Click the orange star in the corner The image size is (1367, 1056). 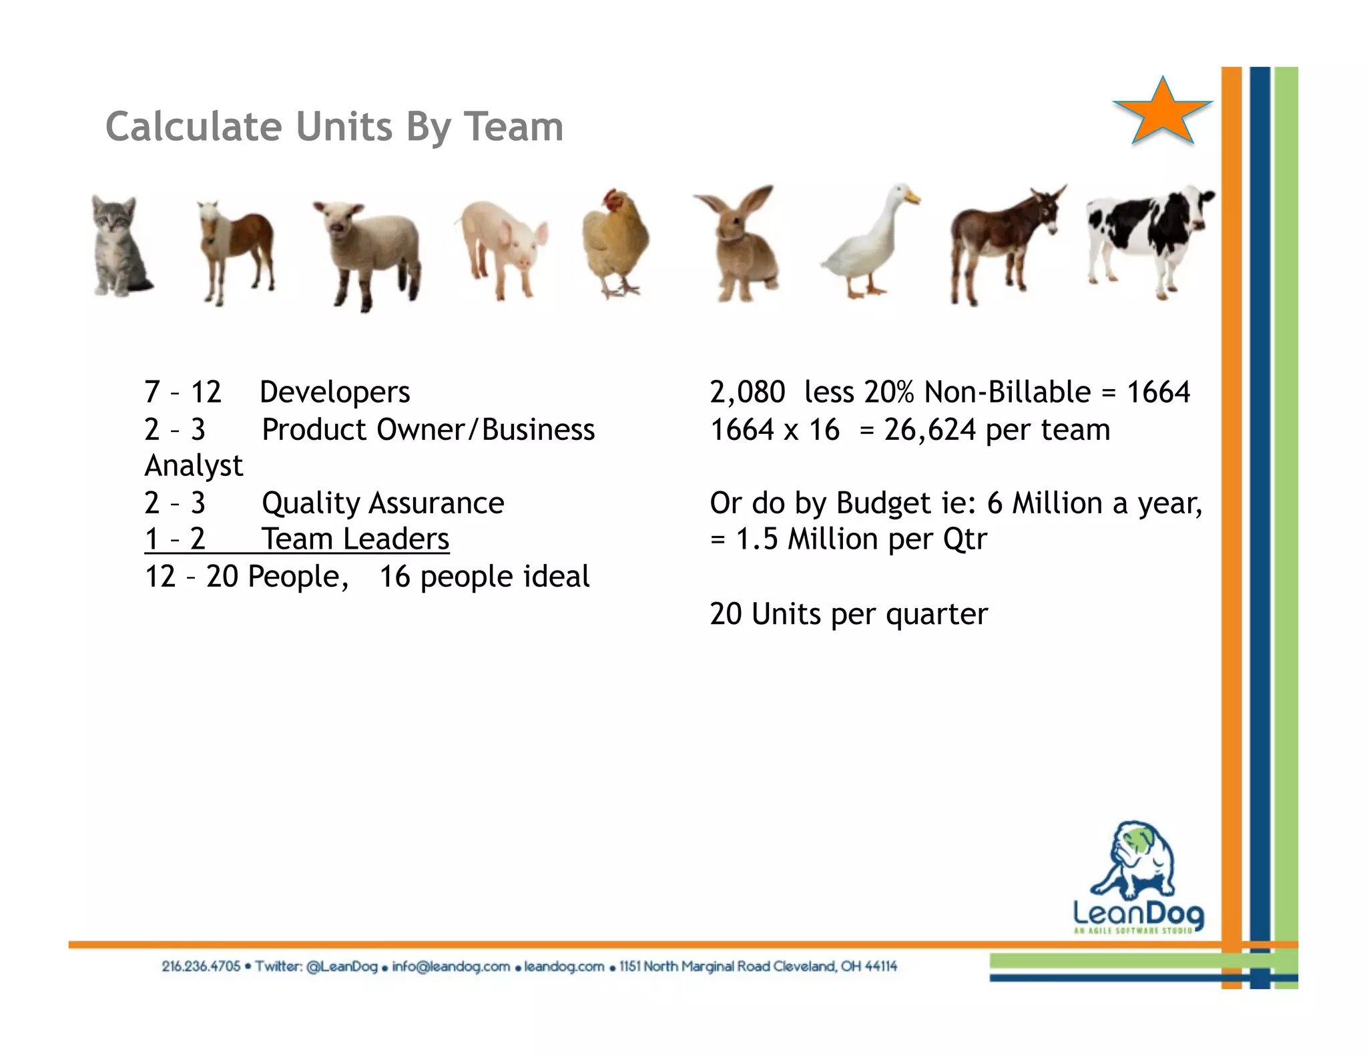1162,112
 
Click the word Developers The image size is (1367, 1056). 334,392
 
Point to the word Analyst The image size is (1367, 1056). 194,466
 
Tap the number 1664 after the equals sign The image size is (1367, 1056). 1158,392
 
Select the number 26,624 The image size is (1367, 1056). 930,430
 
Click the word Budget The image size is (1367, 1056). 884,503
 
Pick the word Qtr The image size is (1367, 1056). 965,539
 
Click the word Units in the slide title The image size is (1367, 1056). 344,127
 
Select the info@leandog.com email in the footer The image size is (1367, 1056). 451,967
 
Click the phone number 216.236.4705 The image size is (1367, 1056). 201,967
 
